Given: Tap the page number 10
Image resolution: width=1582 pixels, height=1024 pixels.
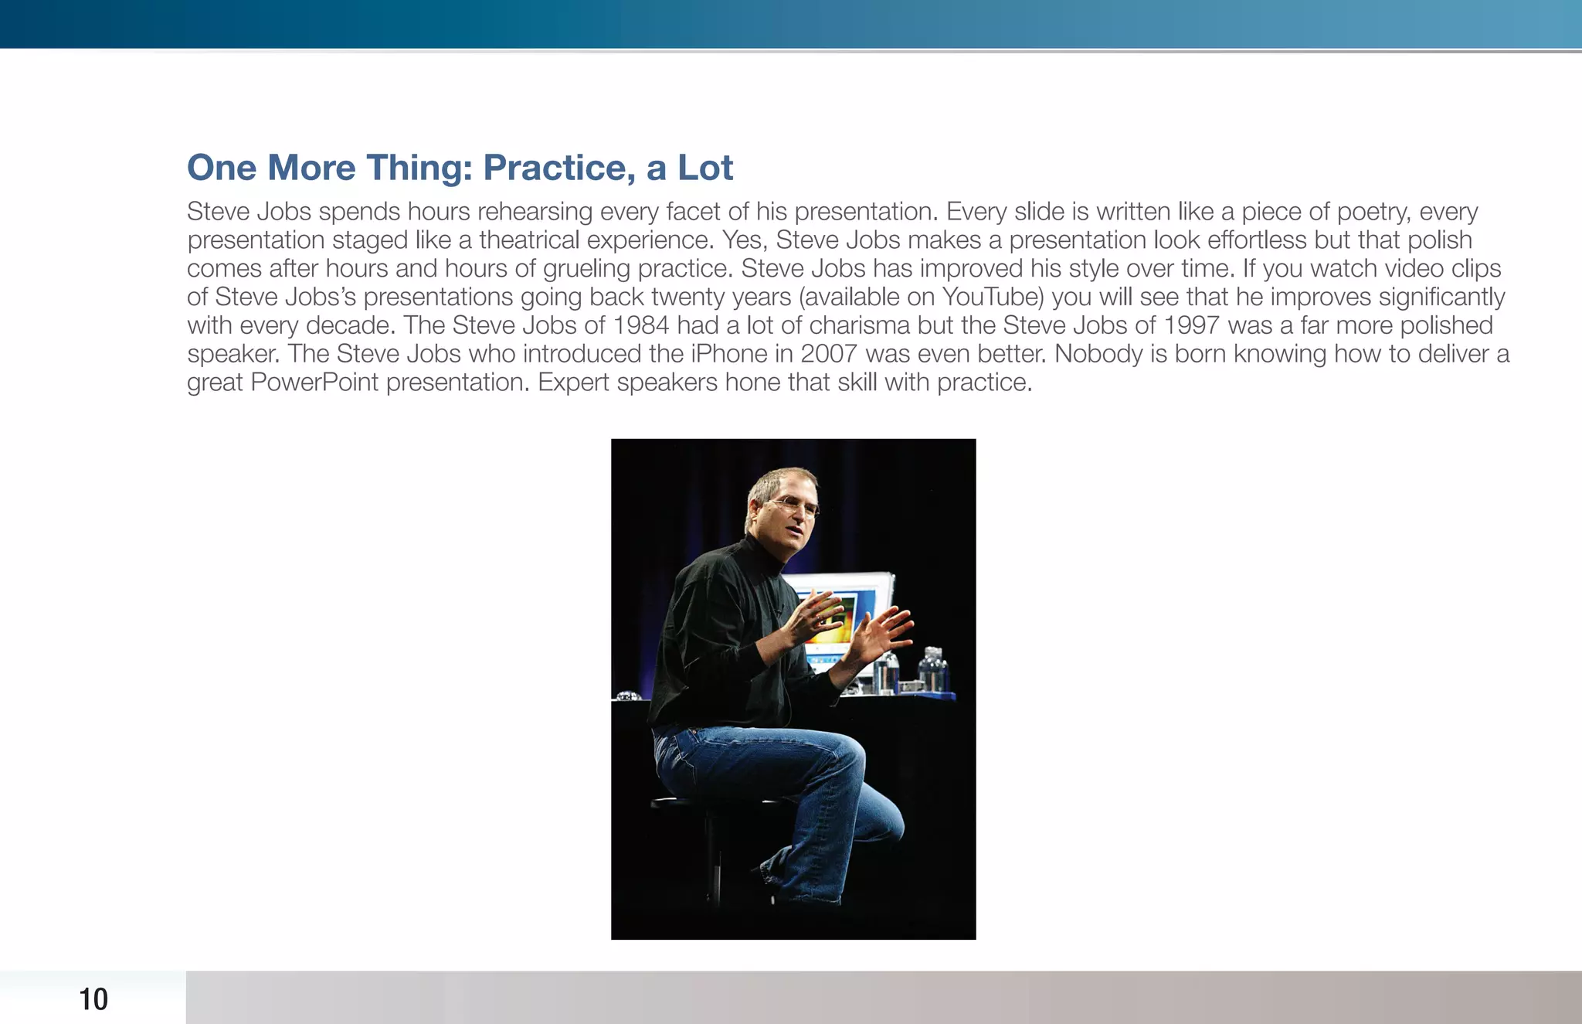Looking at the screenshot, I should coord(93,999).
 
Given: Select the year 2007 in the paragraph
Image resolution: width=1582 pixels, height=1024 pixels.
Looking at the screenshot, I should coord(829,354).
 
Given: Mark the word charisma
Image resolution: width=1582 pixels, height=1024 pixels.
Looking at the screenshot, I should coord(859,325).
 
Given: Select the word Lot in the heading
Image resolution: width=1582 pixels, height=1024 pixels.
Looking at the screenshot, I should coord(705,168).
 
